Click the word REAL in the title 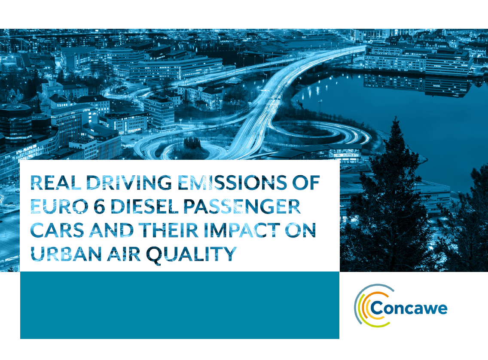click(x=56, y=183)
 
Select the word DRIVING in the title click(x=129, y=183)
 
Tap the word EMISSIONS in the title click(x=232, y=183)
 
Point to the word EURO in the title click(x=59, y=206)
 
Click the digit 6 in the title click(x=99, y=206)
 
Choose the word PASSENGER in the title click(x=242, y=206)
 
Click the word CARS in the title click(x=57, y=230)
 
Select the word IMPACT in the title click(x=242, y=230)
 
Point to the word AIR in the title click(x=124, y=254)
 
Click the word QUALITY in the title click(x=192, y=255)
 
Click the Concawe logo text click(x=409, y=308)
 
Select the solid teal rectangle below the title click(x=180, y=305)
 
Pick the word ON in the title click(x=301, y=230)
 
